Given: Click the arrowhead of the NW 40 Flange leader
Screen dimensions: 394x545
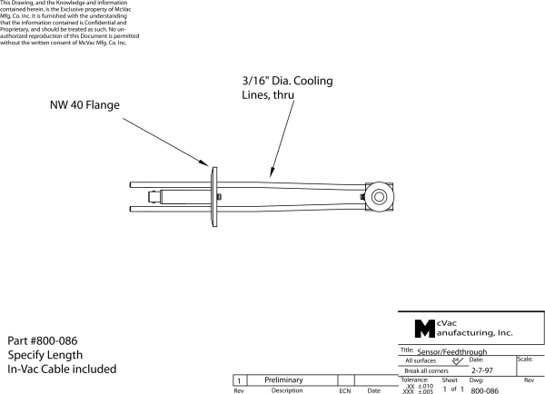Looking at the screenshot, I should click(x=211, y=168).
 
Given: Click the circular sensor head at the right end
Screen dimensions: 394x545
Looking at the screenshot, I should click(x=376, y=196).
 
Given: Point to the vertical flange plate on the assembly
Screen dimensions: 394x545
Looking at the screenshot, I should click(x=213, y=196).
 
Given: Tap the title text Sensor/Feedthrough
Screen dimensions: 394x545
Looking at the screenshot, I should click(x=456, y=350).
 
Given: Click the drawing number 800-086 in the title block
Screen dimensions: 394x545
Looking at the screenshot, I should click(x=485, y=390).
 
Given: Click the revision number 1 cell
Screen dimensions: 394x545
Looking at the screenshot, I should click(x=239, y=379).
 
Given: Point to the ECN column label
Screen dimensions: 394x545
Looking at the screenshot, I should click(x=344, y=390).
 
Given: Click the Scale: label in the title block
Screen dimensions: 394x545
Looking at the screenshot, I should click(x=524, y=360).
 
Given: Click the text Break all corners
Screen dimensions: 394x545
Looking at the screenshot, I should click(x=431, y=370).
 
